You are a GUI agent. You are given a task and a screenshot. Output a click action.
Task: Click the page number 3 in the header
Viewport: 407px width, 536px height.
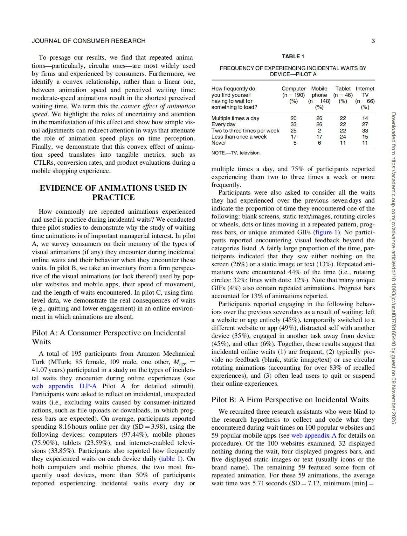point(373,41)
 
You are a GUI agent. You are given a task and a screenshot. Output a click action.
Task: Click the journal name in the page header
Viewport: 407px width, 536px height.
point(88,41)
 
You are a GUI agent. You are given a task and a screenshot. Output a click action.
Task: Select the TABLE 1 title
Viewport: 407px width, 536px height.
point(293,56)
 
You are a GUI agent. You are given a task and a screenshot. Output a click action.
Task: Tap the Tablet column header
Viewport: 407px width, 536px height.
point(343,89)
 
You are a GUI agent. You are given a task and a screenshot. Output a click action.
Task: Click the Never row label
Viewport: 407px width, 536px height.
point(219,143)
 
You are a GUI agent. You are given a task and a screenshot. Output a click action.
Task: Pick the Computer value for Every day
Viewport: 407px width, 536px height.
point(293,125)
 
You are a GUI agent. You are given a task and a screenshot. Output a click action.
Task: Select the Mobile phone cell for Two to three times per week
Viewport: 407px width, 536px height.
point(319,131)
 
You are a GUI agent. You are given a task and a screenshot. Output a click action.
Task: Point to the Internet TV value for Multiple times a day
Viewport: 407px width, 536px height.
point(365,118)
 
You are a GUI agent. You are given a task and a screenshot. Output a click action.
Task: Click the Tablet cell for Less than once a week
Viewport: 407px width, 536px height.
point(343,137)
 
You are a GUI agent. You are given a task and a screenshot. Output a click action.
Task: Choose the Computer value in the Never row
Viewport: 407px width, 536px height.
point(295,143)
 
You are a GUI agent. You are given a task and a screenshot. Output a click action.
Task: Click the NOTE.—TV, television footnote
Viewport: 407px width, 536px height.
point(236,153)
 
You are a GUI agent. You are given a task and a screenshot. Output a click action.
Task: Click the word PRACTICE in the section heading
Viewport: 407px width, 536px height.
point(114,197)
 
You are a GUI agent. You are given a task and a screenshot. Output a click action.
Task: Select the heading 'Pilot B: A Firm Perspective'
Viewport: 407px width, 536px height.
point(290,400)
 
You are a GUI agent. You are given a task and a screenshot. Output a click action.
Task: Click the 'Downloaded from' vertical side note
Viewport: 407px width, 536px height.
point(393,268)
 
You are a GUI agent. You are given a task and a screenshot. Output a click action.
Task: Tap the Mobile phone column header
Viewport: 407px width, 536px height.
point(319,92)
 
